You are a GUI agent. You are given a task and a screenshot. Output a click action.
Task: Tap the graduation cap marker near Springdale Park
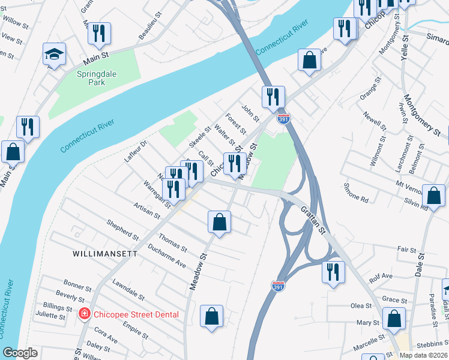point(53,55)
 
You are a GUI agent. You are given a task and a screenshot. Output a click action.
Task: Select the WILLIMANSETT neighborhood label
point(104,254)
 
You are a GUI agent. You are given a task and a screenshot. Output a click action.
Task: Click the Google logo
point(20,353)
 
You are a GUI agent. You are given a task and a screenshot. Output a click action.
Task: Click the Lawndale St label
point(128,290)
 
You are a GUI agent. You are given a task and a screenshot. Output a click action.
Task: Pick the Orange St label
point(370,88)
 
